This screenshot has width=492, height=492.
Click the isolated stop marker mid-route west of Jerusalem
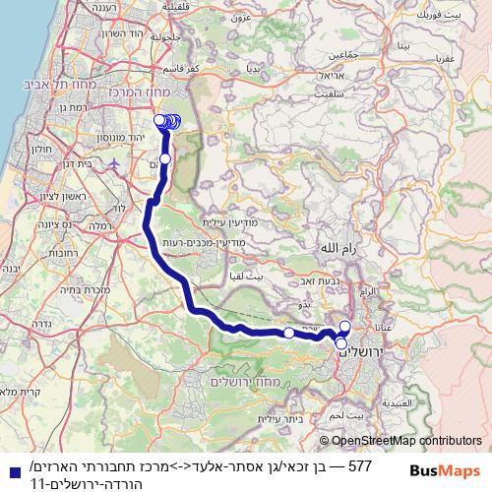click(x=288, y=334)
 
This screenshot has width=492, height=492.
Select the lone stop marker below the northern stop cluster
click(x=165, y=158)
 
